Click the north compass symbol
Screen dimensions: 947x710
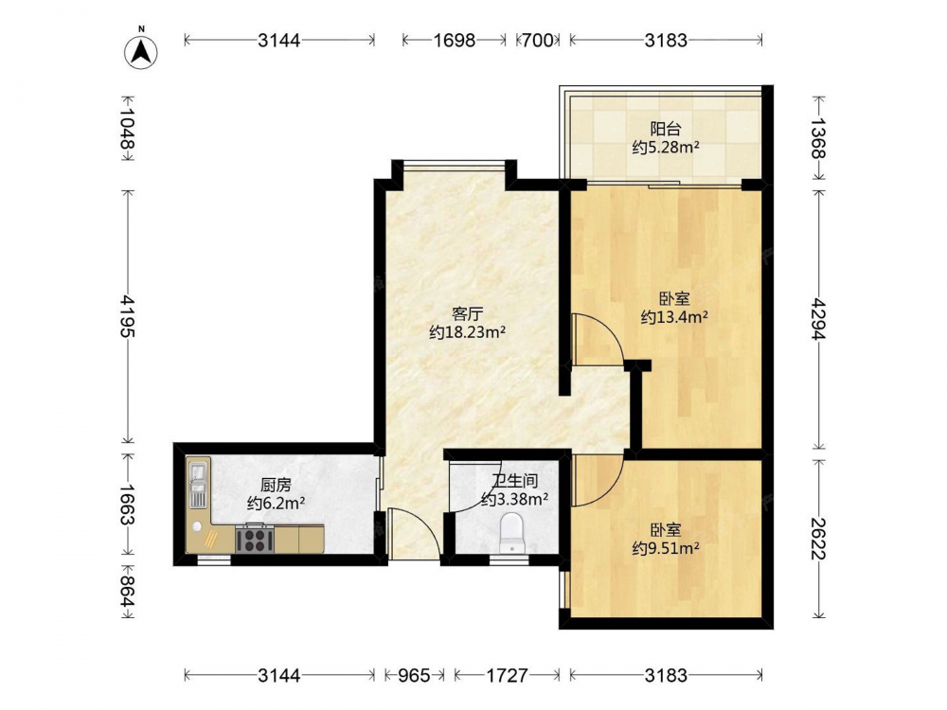click(141, 52)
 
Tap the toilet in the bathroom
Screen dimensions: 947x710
click(512, 532)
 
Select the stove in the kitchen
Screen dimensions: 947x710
click(255, 539)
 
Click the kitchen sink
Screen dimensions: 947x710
click(198, 483)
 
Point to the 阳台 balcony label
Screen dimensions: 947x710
click(666, 129)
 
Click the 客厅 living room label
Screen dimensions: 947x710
click(468, 314)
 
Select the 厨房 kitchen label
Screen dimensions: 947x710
click(276, 485)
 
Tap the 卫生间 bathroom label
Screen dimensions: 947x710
click(514, 481)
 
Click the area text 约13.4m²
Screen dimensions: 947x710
click(674, 317)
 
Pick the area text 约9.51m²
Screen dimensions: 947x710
click(666, 548)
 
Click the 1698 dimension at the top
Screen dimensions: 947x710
click(455, 41)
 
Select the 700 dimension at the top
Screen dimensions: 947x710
click(538, 41)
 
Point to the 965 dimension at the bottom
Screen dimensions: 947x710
click(415, 675)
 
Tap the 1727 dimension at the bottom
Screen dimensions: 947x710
click(507, 675)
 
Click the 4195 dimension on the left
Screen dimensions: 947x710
click(128, 316)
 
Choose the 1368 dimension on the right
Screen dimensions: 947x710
click(818, 138)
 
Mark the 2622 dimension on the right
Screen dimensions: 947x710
click(818, 539)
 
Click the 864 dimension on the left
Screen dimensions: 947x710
click(128, 591)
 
